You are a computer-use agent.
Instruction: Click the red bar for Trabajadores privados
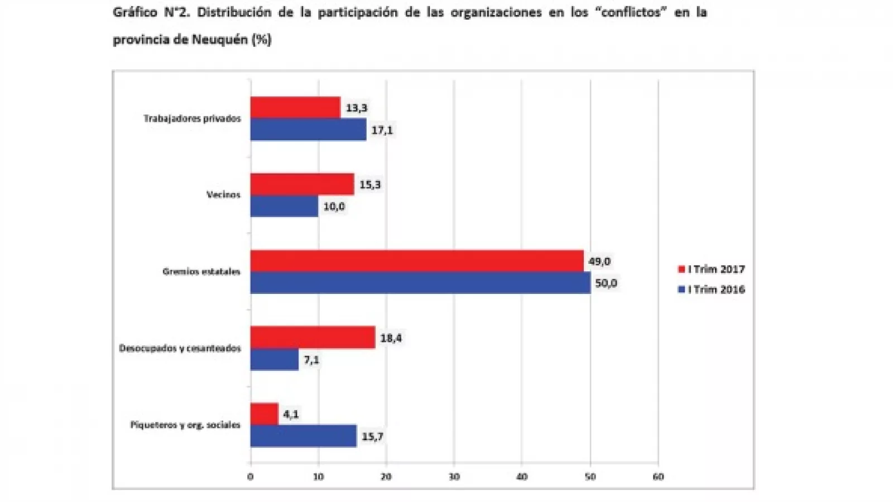click(295, 108)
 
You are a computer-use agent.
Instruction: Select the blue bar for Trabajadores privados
click(308, 129)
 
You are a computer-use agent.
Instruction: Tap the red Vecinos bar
click(302, 184)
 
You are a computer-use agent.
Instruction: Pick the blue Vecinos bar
click(284, 206)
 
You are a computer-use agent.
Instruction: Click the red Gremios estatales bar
click(417, 261)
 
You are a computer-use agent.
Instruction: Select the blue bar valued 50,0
click(420, 283)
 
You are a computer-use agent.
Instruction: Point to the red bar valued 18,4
click(313, 337)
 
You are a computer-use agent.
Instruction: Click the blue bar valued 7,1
click(274, 359)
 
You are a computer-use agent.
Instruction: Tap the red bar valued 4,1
click(264, 414)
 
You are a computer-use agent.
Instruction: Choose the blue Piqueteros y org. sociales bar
click(304, 436)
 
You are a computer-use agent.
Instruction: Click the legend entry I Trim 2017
click(712, 269)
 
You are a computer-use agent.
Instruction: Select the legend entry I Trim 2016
click(712, 289)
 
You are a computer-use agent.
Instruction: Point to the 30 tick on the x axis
click(454, 476)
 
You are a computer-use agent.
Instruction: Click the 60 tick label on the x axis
click(658, 476)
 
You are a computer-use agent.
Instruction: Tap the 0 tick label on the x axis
click(250, 476)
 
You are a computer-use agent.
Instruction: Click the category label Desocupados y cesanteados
click(180, 348)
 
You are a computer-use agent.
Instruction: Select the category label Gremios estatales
click(201, 272)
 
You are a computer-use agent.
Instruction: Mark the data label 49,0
click(599, 261)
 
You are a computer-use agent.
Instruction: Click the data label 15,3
click(370, 185)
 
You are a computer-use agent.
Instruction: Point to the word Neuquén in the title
click(220, 40)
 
